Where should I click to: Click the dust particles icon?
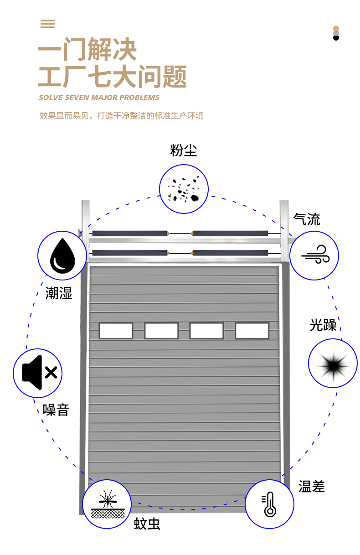184,189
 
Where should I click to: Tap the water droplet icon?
62,255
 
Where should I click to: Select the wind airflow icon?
314,255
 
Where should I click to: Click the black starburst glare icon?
333,363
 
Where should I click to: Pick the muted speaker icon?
37,373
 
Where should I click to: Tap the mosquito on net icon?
107,504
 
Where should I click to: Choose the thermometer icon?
270,504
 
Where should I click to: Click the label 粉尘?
184,150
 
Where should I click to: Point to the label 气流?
307,219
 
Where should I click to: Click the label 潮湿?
59,293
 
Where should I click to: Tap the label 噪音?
56,410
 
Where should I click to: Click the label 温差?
312,486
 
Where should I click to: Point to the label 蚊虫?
147,524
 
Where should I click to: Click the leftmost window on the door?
116,331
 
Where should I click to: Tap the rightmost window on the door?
252,331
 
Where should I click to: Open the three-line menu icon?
47,24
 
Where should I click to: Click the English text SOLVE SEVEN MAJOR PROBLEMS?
99,98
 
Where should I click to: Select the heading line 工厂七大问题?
112,77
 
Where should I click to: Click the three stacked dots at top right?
336,33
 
